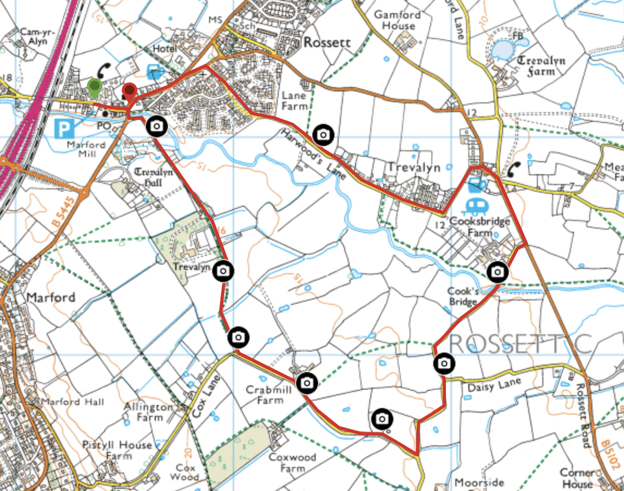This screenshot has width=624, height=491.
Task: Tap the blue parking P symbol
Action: tap(64, 129)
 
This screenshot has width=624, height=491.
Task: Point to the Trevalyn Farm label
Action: tap(541, 66)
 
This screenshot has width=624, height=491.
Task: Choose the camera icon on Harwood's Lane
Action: tap(323, 134)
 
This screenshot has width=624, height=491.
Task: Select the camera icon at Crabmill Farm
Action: tap(307, 383)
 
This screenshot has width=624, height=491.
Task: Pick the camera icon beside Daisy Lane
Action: tap(444, 363)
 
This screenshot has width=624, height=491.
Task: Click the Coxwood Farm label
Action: tap(292, 462)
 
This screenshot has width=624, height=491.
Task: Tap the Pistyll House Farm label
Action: tap(117, 450)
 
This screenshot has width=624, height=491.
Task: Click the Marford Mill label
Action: tap(87, 150)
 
